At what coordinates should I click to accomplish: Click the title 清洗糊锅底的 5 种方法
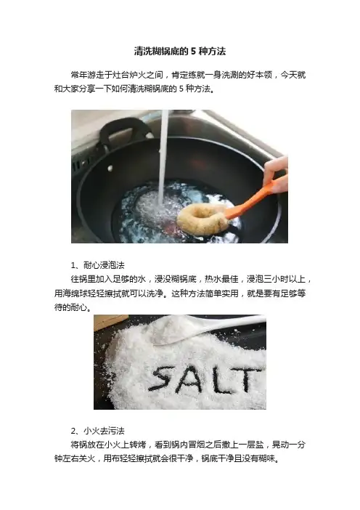180,52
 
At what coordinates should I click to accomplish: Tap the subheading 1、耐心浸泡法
97,265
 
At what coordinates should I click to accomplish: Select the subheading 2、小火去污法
97,431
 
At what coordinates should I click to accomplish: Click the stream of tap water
163,156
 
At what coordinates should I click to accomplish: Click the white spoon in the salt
208,328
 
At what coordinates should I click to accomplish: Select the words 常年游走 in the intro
87,75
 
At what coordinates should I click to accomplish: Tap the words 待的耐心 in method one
71,307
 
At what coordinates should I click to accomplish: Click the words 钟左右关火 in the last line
75,458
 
